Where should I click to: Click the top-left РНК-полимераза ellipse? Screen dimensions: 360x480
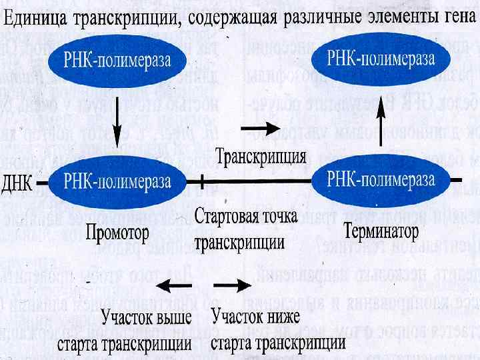(117, 61)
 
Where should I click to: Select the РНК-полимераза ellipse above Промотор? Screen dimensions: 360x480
(117, 181)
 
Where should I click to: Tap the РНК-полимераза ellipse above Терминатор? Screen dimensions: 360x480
(381, 179)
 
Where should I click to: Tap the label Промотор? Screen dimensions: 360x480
(117, 233)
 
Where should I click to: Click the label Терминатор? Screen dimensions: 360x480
(381, 232)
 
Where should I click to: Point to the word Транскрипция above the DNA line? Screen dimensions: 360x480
(261, 157)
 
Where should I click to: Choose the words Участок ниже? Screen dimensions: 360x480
(255, 315)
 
